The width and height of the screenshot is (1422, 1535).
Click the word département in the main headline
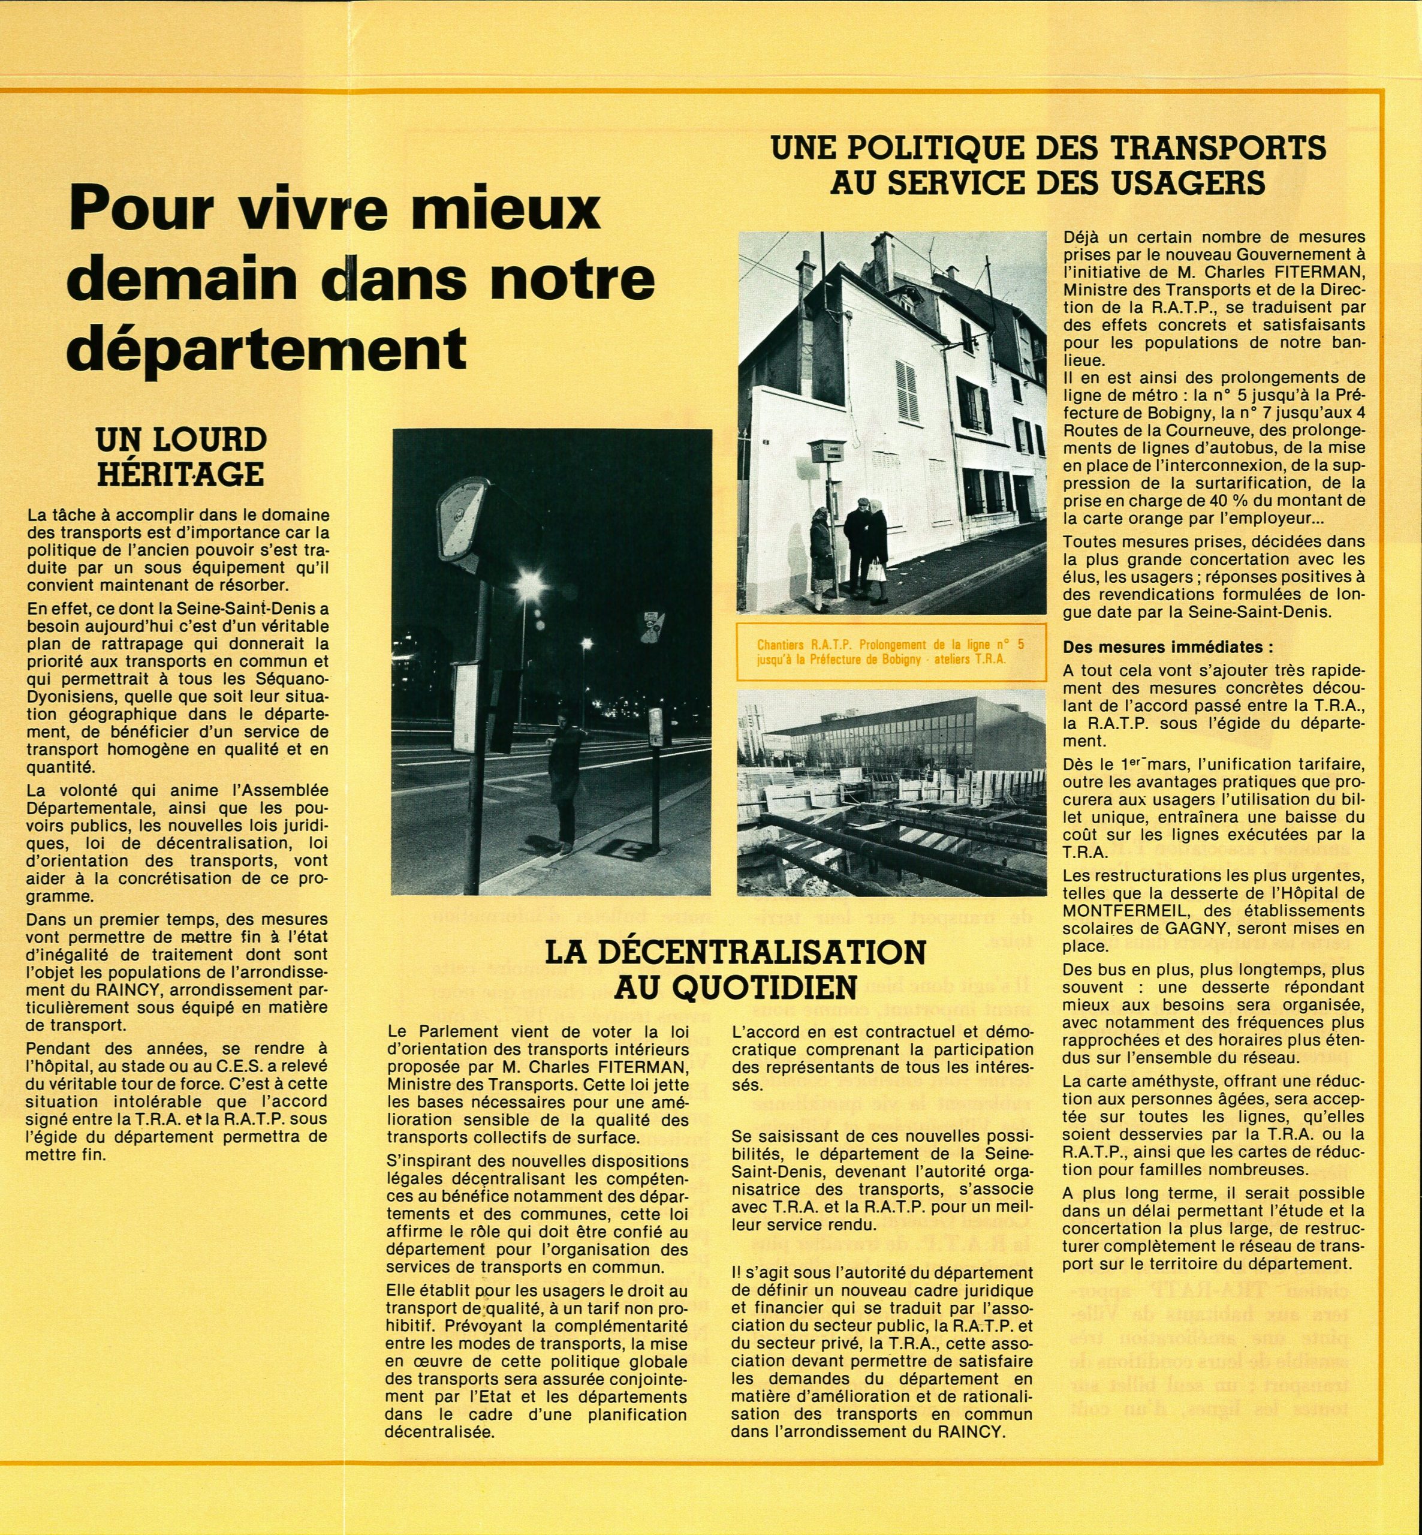(x=266, y=347)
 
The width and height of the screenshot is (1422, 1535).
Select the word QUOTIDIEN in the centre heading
(x=776, y=986)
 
